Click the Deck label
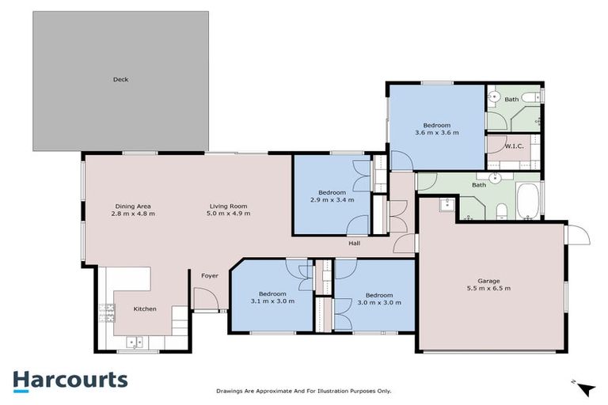(120, 79)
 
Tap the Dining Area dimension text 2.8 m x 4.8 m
(132, 214)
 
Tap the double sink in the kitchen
(135, 342)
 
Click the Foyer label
(209, 276)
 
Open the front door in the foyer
(204, 299)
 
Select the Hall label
(355, 243)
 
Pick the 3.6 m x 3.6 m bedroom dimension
(436, 133)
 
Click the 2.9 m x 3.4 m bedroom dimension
(332, 200)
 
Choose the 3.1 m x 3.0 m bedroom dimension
(272, 301)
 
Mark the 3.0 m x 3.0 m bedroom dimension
(375, 302)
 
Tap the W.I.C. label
(500, 146)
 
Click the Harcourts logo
(70, 380)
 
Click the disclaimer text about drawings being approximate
(304, 391)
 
